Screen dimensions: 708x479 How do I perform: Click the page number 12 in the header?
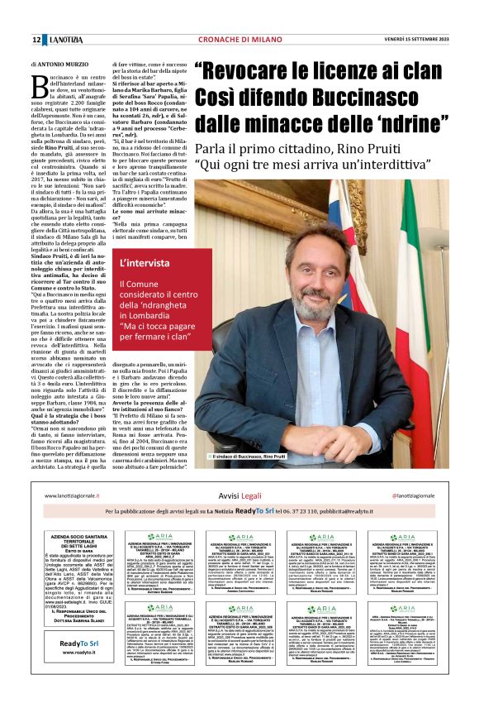tap(36, 41)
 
